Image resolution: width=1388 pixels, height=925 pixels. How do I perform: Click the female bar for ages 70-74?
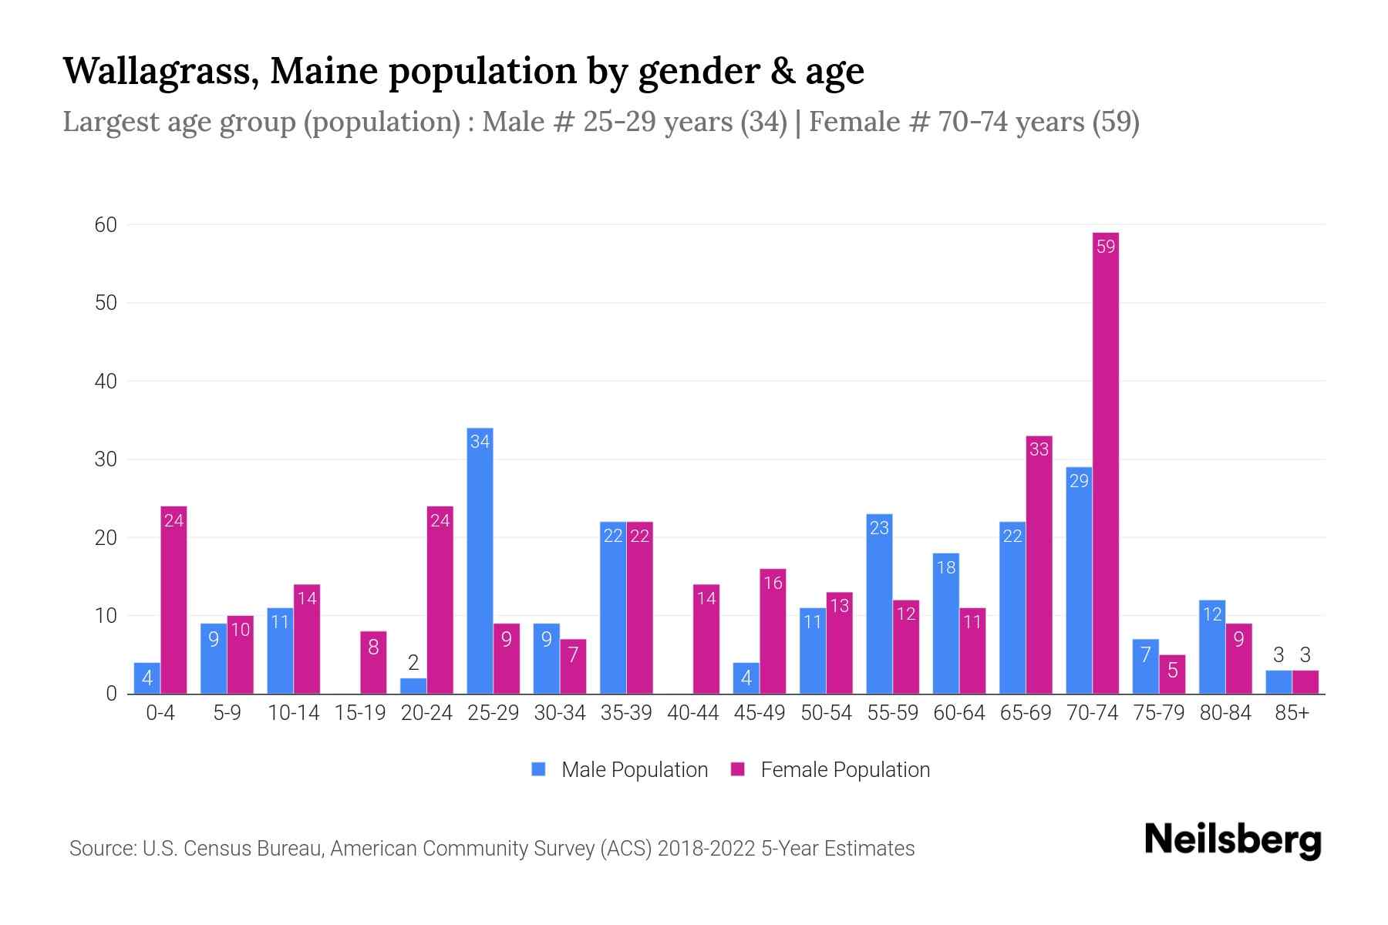pyautogui.click(x=1106, y=462)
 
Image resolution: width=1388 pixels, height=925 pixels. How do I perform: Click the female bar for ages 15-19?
pyautogui.click(x=373, y=662)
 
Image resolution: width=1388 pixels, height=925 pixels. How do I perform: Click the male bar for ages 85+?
pyautogui.click(x=1279, y=682)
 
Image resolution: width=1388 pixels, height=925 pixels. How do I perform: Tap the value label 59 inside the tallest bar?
pyautogui.click(x=1106, y=247)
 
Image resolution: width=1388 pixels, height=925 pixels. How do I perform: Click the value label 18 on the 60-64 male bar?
pyautogui.click(x=946, y=568)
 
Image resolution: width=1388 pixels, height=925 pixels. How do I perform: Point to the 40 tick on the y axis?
pyautogui.click(x=106, y=382)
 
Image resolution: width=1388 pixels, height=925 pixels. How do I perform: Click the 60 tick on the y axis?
pyautogui.click(x=106, y=225)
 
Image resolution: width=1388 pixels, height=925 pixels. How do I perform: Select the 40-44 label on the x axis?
pyautogui.click(x=692, y=713)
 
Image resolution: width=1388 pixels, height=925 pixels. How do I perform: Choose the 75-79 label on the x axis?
pyautogui.click(x=1158, y=713)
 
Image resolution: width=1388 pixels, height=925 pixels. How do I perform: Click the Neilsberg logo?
pyautogui.click(x=1232, y=840)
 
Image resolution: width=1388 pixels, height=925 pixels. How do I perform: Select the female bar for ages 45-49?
pyautogui.click(x=773, y=631)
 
